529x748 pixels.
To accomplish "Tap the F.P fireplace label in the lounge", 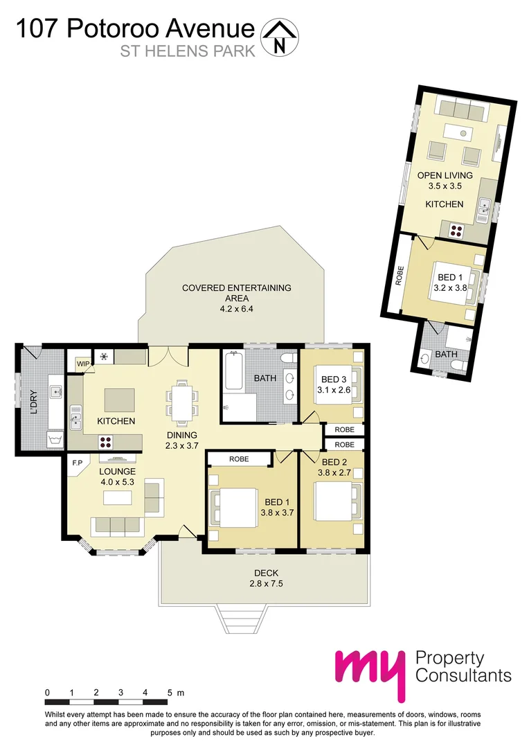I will (x=77, y=462).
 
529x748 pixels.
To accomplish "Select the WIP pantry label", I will (x=83, y=362).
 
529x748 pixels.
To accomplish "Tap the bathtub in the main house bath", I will (x=232, y=373).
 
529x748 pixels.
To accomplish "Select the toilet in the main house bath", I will (x=290, y=359).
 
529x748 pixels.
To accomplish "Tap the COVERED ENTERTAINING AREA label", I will (x=236, y=298).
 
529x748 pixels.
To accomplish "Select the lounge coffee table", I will (x=117, y=498).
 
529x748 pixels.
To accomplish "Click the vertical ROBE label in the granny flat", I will (x=399, y=276).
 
